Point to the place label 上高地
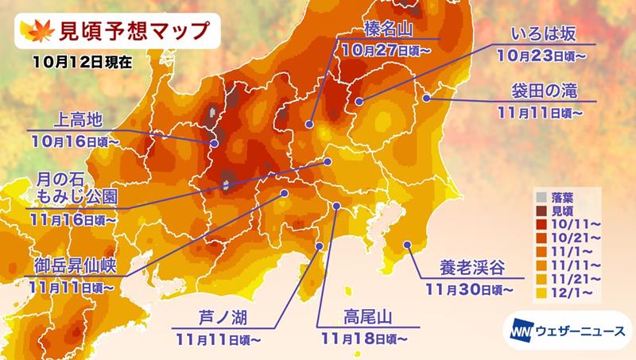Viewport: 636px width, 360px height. pos(77,119)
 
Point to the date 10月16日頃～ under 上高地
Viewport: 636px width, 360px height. pos(77,141)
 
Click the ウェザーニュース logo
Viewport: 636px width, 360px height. pos(566,328)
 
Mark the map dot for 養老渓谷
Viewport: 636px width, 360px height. pos(407,245)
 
